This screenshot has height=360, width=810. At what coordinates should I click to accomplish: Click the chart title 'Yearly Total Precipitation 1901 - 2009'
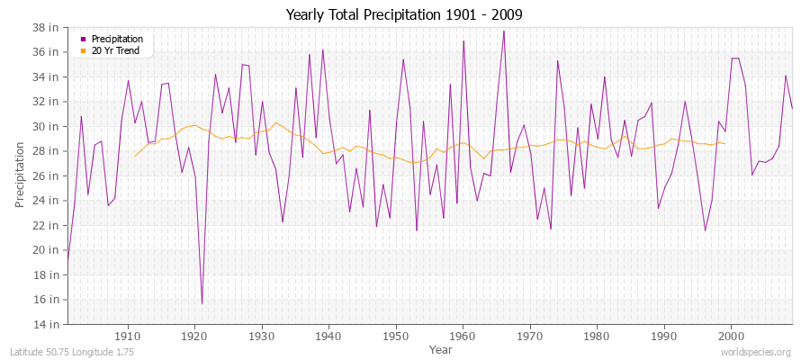tap(404, 15)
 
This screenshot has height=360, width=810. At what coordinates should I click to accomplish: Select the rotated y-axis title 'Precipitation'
tap(20, 175)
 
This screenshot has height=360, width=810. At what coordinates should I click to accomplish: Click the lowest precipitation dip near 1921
tap(202, 303)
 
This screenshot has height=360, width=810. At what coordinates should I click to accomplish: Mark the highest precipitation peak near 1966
tap(503, 31)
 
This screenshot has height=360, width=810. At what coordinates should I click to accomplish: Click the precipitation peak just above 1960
tap(463, 40)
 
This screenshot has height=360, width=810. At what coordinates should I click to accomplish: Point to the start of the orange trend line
tap(135, 157)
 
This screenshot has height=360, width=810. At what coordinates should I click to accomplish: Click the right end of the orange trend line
tap(724, 143)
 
